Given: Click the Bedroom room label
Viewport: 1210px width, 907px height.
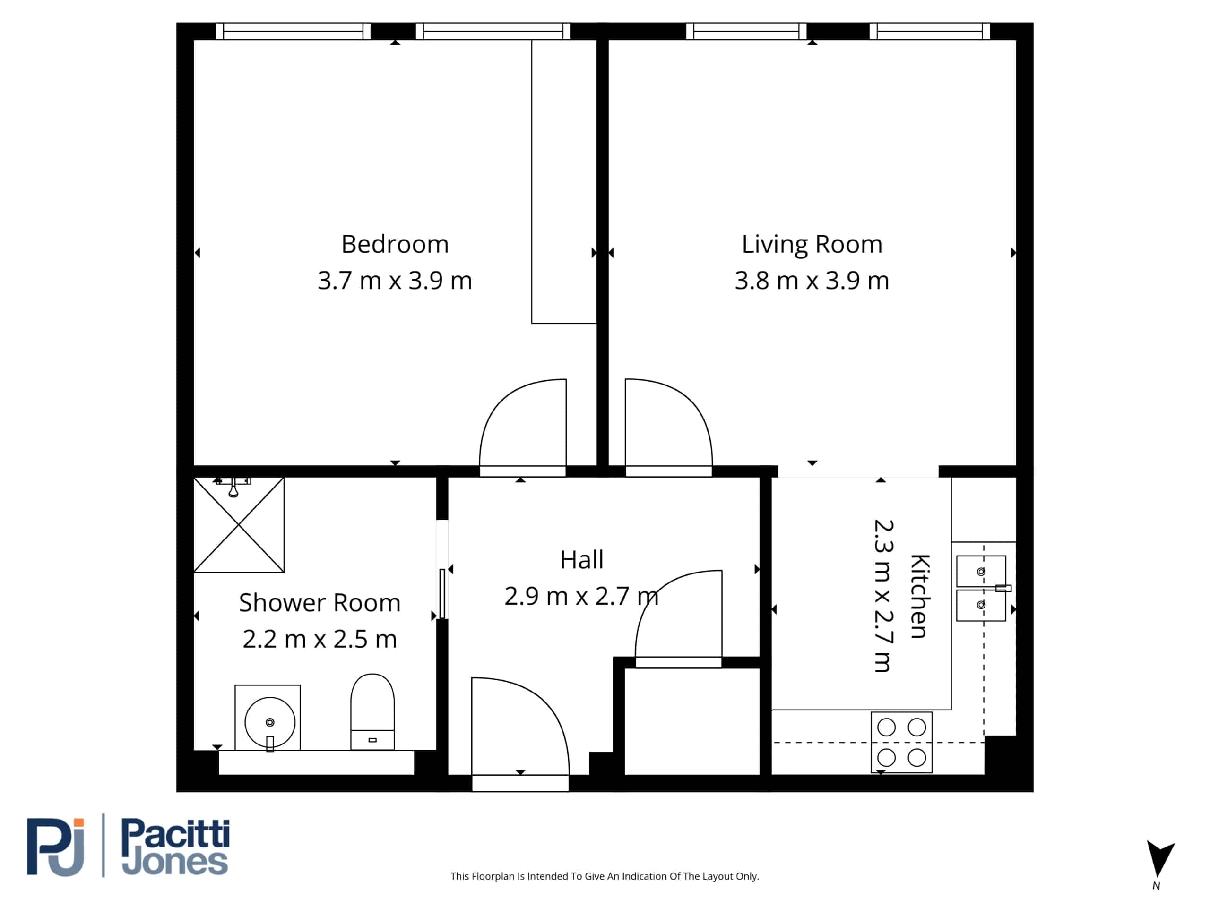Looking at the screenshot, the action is click(395, 244).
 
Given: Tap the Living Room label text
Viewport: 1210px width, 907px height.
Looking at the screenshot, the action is click(812, 244).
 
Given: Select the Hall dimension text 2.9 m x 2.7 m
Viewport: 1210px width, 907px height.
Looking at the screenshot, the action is click(581, 596).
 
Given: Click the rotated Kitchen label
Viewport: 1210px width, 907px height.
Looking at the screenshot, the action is click(920, 597).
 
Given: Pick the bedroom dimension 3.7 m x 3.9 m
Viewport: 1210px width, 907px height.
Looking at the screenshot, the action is click(395, 281).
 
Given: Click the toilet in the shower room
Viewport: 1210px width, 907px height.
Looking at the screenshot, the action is click(372, 712).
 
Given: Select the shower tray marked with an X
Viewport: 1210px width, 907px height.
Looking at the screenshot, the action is click(239, 525).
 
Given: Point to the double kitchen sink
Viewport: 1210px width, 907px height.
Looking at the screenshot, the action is click(981, 588).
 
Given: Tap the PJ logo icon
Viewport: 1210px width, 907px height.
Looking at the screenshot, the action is click(56, 847).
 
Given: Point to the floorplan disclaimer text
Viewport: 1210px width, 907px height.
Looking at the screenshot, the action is click(605, 876).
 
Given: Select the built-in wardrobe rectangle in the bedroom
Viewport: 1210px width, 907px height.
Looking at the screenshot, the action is click(564, 181).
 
